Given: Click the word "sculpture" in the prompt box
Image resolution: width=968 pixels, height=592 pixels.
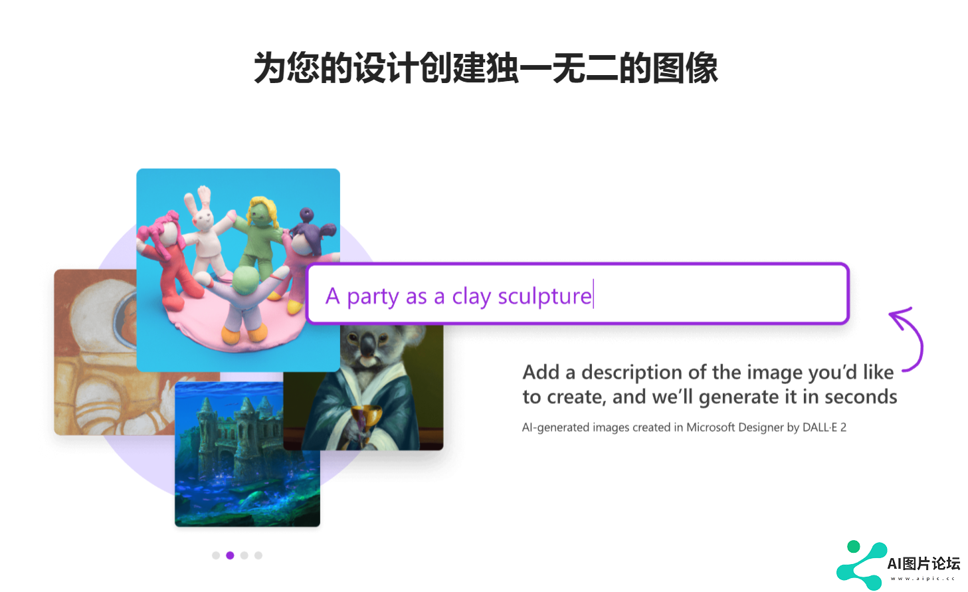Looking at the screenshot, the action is (545, 297).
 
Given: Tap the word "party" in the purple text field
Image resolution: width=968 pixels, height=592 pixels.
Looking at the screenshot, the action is (373, 297).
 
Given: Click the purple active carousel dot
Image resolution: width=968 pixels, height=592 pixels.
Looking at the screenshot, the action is (230, 555).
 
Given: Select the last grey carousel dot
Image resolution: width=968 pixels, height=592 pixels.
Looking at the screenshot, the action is (258, 555).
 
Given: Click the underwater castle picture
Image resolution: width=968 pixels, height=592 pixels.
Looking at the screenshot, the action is (247, 454).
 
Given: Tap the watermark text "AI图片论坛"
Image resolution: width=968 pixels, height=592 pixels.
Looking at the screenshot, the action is (923, 563).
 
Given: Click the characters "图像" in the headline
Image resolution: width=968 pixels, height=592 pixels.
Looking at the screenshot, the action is (685, 68).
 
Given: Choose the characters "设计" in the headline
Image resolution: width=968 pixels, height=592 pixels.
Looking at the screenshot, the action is (386, 68).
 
